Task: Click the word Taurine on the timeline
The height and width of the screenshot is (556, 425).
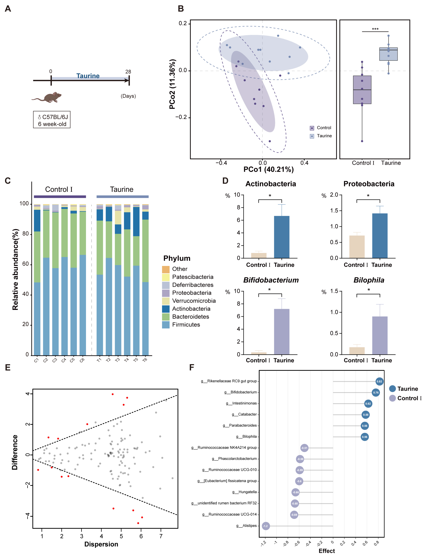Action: point(88,76)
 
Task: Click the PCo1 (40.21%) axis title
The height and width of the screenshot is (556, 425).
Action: point(268,169)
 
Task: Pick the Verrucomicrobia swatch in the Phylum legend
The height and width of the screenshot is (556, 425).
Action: point(166,301)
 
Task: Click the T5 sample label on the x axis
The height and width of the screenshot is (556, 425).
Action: point(136,360)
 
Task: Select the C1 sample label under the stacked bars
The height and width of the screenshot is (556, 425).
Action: point(36,360)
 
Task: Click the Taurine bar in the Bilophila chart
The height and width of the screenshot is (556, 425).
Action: point(380,335)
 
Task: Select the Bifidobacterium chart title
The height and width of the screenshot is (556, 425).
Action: point(271,280)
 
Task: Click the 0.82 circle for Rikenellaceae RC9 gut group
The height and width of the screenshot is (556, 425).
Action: point(379,381)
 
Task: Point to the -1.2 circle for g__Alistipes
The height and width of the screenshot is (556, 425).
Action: point(266,526)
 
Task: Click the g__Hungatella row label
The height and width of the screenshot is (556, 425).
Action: point(244,492)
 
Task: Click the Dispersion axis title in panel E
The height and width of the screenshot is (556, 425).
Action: point(101,544)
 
